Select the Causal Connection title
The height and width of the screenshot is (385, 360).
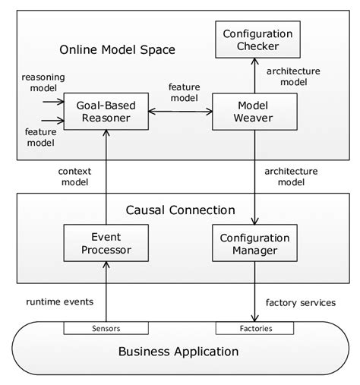(x=179, y=209)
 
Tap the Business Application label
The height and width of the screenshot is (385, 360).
(x=179, y=352)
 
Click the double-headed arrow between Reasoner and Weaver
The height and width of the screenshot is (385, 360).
(x=179, y=112)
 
